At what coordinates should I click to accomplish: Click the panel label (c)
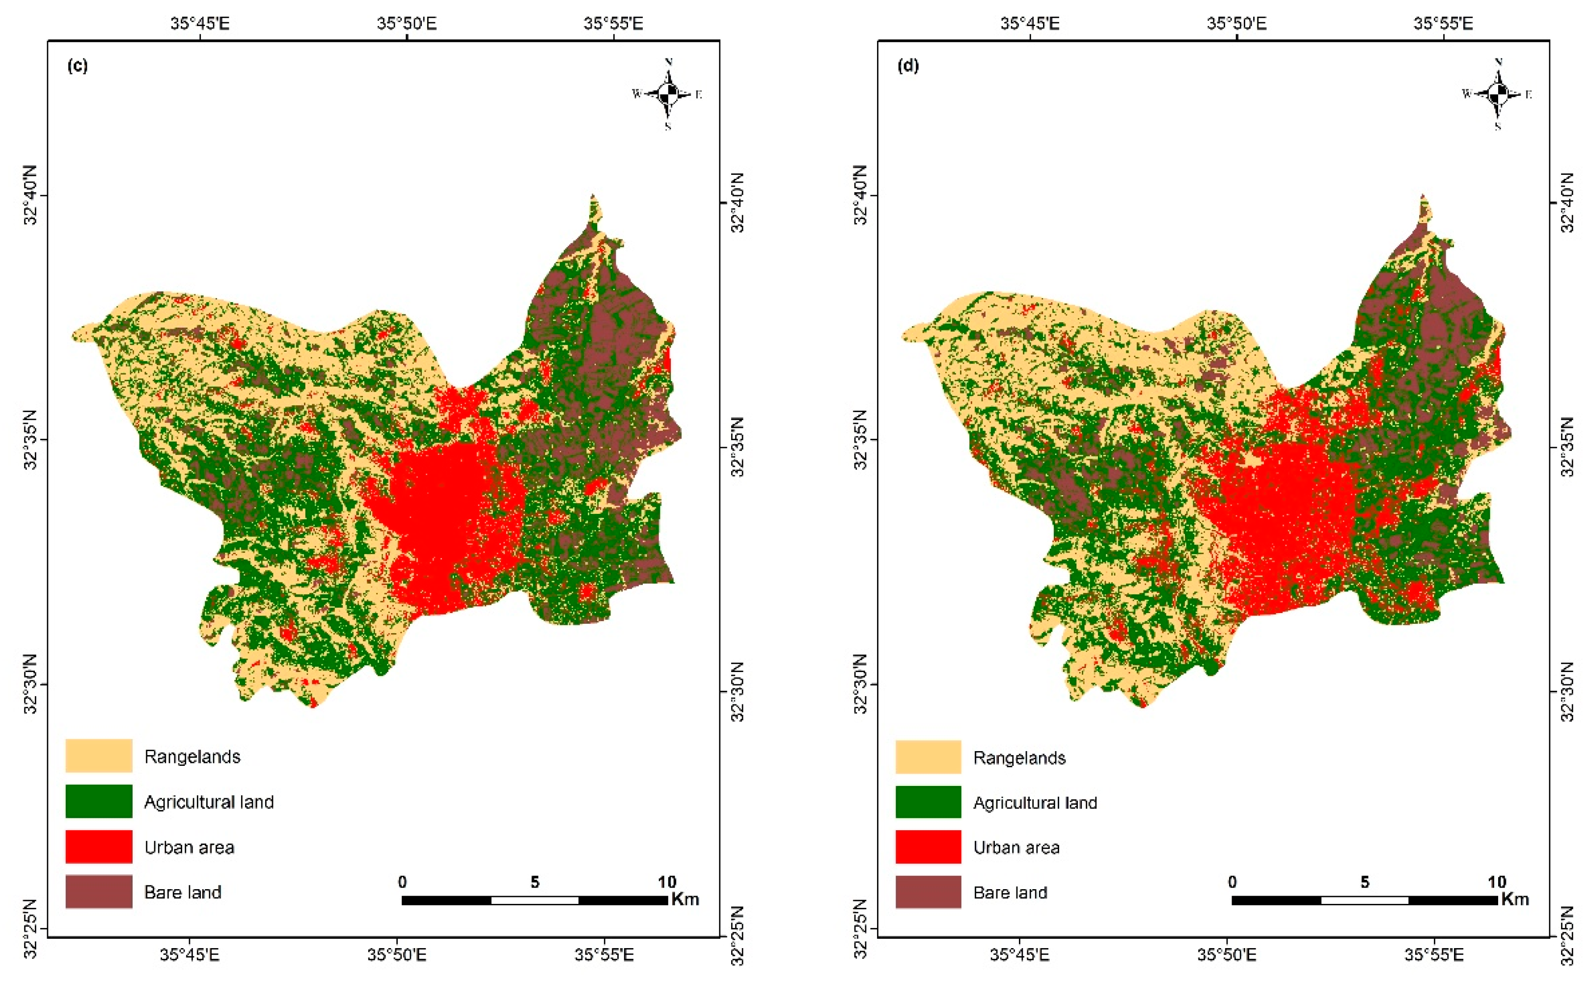[77, 66]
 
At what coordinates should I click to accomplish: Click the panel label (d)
[907, 66]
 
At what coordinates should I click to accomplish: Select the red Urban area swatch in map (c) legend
[99, 847]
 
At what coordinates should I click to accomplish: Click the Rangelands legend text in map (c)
[192, 757]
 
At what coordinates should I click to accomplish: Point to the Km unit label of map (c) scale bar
[685, 899]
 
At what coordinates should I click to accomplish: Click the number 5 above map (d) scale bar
[1365, 882]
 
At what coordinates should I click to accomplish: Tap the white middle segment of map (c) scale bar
[534, 900]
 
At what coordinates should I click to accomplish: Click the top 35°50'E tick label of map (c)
[407, 24]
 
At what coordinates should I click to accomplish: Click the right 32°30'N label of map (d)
[1566, 692]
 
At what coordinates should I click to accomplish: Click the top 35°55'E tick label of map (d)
[1443, 24]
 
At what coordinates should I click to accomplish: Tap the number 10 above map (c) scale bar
[667, 882]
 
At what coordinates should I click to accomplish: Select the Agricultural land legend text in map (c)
[209, 802]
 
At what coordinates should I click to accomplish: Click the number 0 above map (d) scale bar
[1232, 882]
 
